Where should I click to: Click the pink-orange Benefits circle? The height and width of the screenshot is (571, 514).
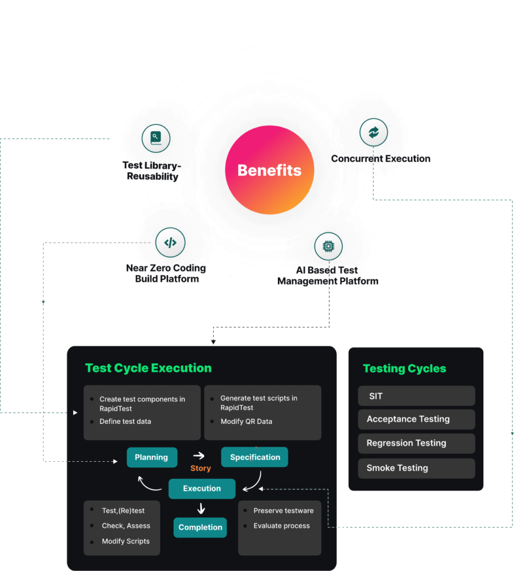[x=270, y=170]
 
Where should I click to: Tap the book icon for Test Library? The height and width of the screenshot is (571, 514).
[x=156, y=138]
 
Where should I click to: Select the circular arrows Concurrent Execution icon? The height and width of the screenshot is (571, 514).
[x=373, y=132]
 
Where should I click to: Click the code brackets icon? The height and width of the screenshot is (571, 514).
[x=170, y=243]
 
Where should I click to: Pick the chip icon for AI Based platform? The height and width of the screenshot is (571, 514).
[x=328, y=246]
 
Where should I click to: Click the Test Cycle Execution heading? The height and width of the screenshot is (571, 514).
[x=148, y=368]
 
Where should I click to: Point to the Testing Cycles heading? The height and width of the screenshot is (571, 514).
[x=405, y=369]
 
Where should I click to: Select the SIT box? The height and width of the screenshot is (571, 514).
[x=416, y=396]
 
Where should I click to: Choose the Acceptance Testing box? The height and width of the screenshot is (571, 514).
[x=416, y=419]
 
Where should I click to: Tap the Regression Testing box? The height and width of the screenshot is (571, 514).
[x=416, y=443]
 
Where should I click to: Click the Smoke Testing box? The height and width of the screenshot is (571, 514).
[x=416, y=468]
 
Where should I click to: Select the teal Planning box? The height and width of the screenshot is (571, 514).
[x=152, y=457]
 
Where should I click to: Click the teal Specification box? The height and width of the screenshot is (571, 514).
[x=255, y=457]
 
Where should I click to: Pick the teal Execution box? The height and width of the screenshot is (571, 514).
[x=202, y=488]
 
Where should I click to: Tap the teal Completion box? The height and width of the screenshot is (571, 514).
[x=200, y=528]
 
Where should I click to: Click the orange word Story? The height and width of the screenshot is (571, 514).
[x=200, y=468]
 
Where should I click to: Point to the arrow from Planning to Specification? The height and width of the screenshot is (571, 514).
[x=199, y=456]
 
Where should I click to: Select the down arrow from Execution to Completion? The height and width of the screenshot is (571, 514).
[x=201, y=508]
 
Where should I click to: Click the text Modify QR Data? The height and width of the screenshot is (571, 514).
[x=246, y=422]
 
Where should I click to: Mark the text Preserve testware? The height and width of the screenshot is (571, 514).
[x=284, y=511]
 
